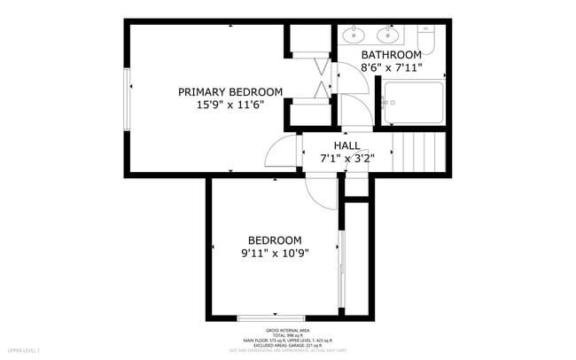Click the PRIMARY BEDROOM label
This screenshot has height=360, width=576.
point(230,92)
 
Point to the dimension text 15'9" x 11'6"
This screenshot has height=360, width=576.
point(230,106)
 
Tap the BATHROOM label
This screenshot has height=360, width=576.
point(391,55)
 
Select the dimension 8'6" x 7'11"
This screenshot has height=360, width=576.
point(391,67)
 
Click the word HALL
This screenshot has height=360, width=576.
point(346,146)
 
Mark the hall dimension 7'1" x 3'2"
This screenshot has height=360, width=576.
point(346,159)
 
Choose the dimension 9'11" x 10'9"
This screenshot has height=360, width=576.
point(274,254)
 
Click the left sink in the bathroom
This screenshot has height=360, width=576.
point(354,35)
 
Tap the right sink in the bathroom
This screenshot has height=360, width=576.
point(387,35)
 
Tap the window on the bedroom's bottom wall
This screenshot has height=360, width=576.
point(271,317)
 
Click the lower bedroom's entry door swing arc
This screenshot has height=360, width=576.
point(317,188)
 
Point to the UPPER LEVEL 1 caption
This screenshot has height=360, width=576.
point(25,352)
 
